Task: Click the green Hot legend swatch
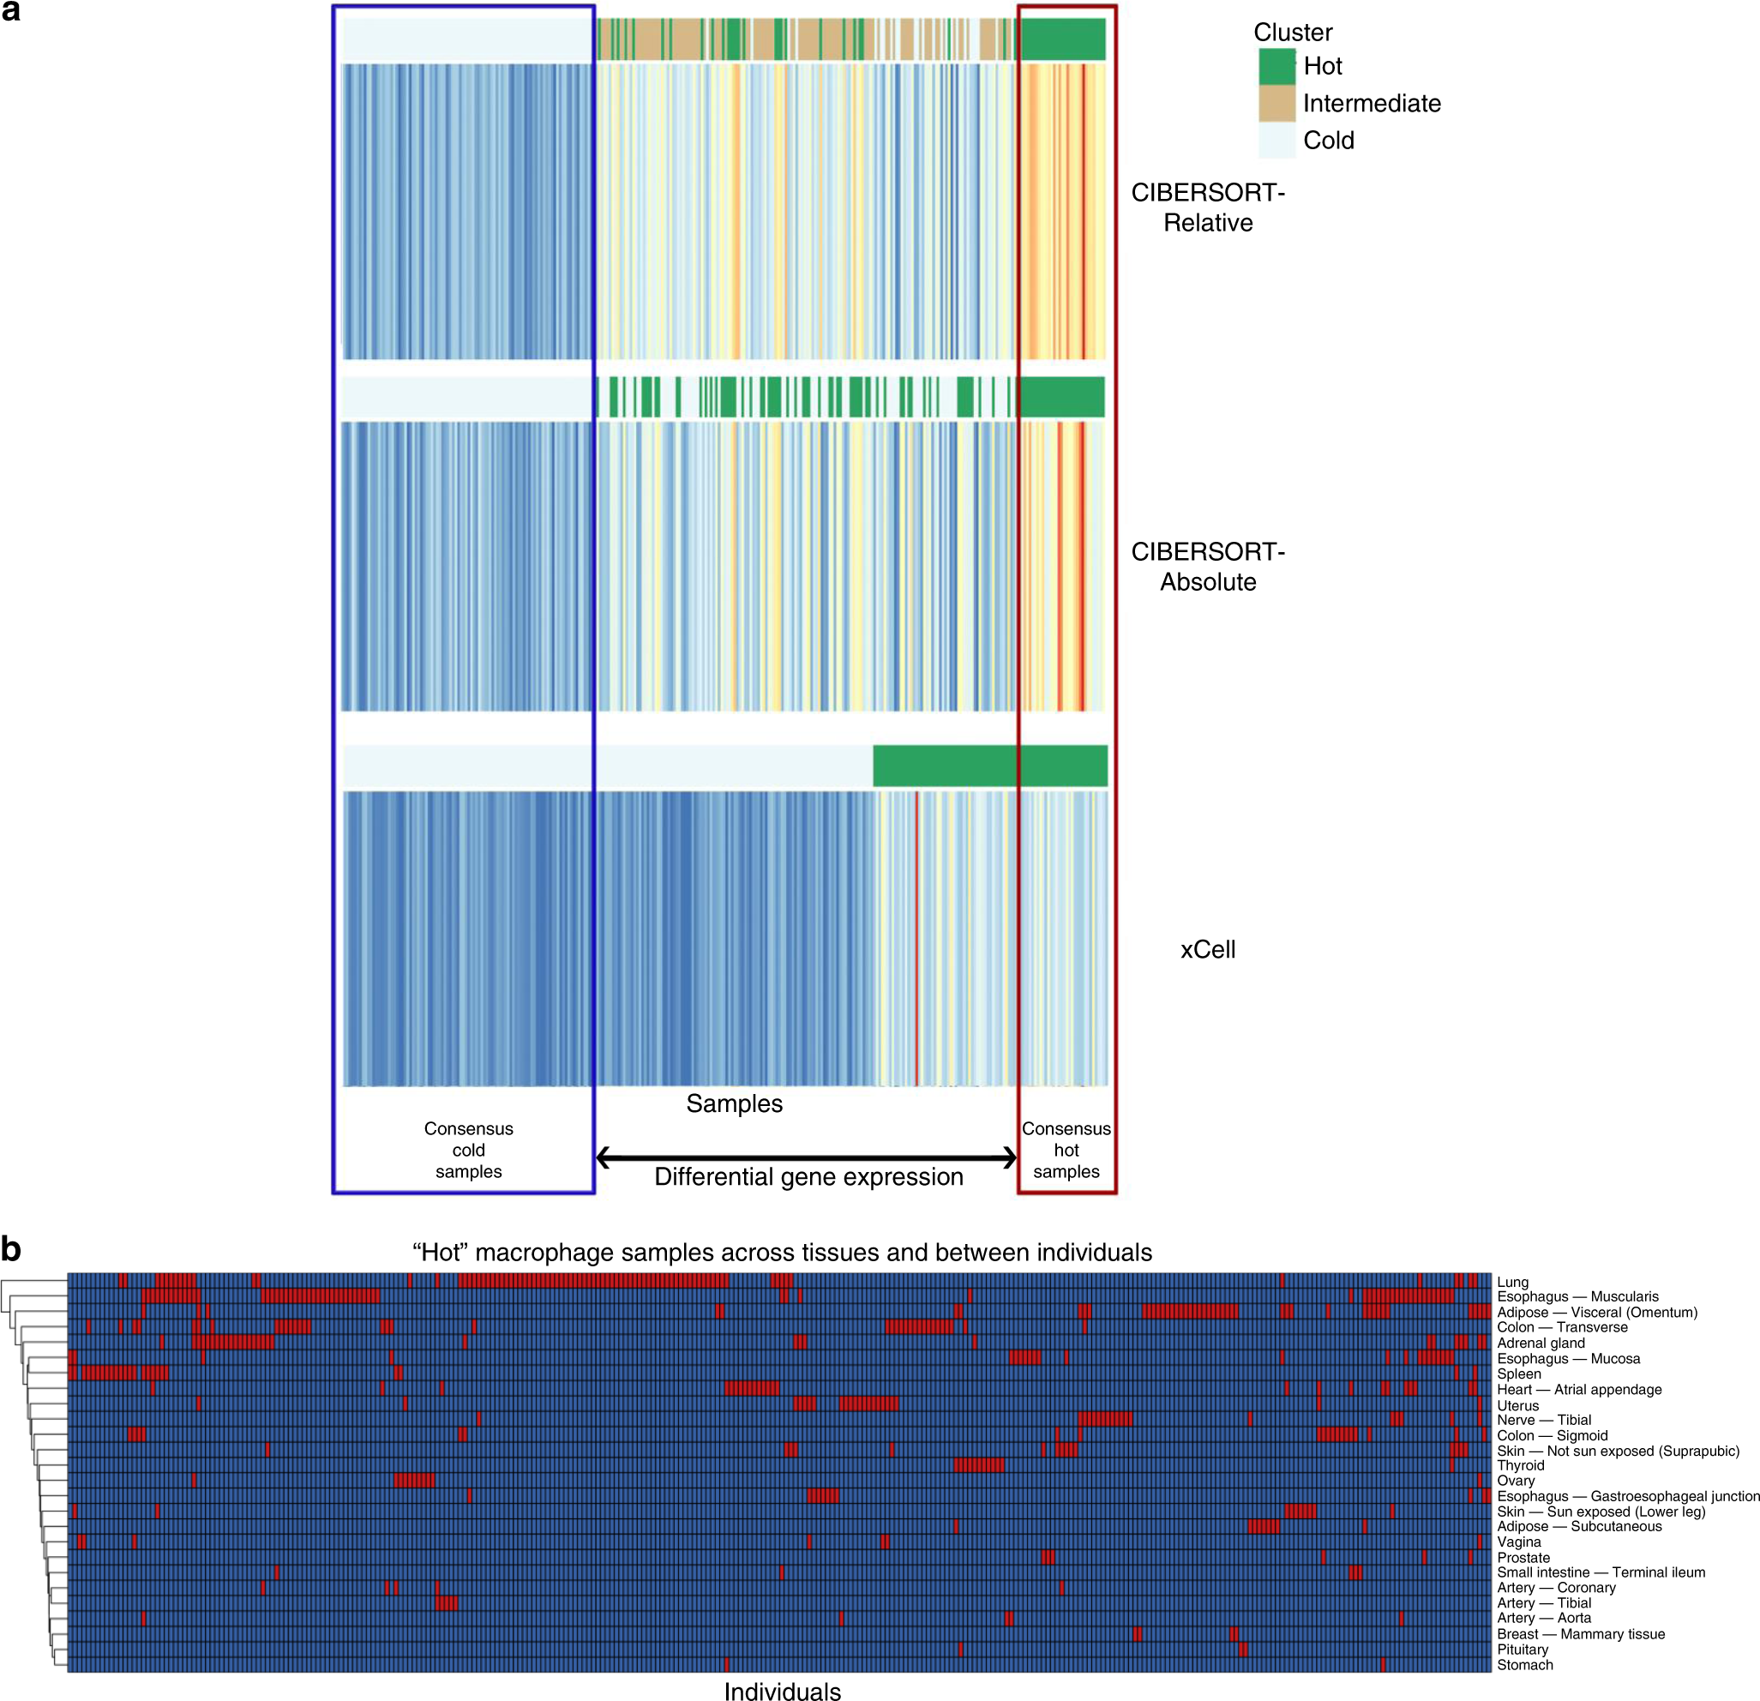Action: pos(1276,67)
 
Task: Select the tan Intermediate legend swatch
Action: pos(1276,103)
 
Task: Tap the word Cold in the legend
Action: pos(1328,141)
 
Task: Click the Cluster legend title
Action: pos(1292,33)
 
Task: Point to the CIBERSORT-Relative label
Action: pos(1208,207)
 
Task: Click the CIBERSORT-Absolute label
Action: pos(1208,567)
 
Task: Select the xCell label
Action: pos(1208,949)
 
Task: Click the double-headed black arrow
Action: pos(806,1157)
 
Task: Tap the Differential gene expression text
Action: pos(808,1177)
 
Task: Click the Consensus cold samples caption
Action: pos(468,1150)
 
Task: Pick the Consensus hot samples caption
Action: pos(1066,1150)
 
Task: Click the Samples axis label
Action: pos(734,1103)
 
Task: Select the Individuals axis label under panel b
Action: pos(782,1691)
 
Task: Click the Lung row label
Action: pos(1512,1282)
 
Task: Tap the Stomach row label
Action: pos(1525,1664)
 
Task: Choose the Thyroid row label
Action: pos(1520,1465)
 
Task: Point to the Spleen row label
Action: pos(1518,1373)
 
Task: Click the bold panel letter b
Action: pos(11,1249)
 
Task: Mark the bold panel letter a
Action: pos(11,12)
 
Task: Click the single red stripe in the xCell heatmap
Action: pos(916,939)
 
